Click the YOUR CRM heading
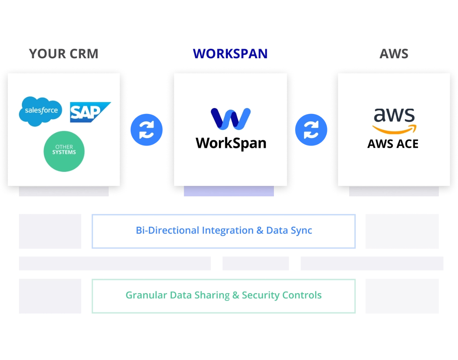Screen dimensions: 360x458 pos(63,54)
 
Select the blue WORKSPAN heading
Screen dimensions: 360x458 pos(230,54)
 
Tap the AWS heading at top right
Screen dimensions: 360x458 pos(394,54)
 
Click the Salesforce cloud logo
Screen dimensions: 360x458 pos(41,111)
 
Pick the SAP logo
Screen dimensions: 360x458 pos(89,112)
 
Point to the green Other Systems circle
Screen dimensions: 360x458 pos(64,151)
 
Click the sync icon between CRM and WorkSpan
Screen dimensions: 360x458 pos(147,130)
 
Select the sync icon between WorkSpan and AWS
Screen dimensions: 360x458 pos(311,130)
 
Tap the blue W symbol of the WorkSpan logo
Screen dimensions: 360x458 pos(230,119)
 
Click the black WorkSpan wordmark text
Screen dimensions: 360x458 pos(231,143)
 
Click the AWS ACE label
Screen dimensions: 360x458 pos(393,144)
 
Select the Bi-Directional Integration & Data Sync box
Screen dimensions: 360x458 pos(223,231)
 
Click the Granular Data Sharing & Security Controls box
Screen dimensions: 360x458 pos(223,296)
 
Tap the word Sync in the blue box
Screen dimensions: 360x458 pos(301,231)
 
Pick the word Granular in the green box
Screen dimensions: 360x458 pos(146,295)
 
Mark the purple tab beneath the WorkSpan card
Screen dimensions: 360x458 pos(229,191)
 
